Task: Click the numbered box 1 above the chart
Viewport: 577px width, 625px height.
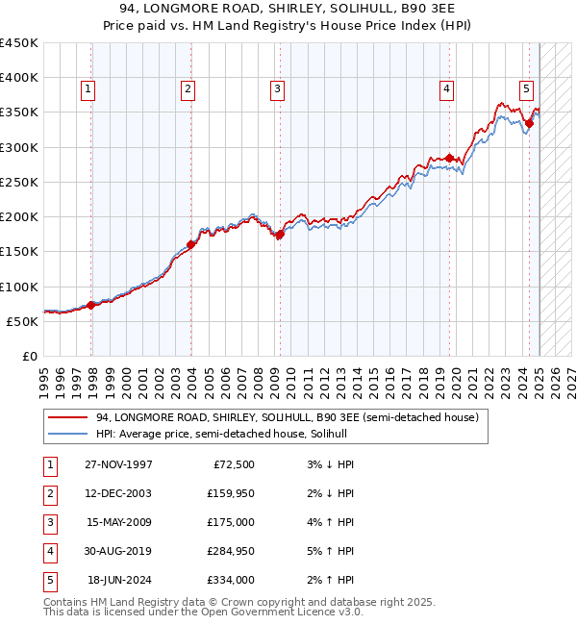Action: coord(88,90)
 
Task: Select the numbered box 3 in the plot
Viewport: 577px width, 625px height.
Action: coord(277,90)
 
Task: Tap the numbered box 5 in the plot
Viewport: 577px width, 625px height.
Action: coord(527,90)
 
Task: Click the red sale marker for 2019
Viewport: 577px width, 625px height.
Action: coord(449,158)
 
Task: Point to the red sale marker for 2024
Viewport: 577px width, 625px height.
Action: coord(529,123)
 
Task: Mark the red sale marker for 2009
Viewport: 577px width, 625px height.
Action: coord(280,234)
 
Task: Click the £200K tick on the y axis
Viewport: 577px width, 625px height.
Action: coord(18,216)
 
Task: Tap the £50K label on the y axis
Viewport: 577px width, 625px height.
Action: coord(22,321)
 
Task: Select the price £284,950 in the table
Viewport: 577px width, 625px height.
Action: coord(231,552)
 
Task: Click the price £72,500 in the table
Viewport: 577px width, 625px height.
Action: coord(234,464)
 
